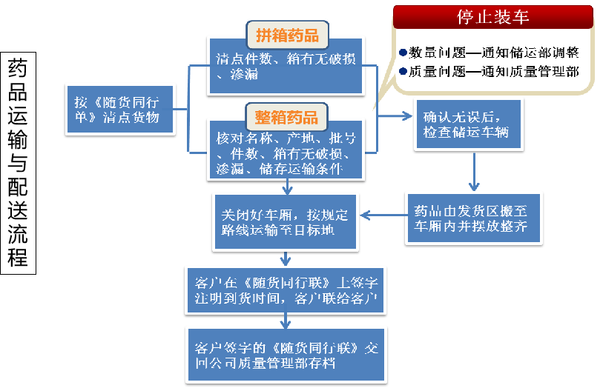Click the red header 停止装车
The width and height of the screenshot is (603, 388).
pos(492,16)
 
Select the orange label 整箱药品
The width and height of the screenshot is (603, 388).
pos(286,117)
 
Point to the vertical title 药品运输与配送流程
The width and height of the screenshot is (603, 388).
pos(18,163)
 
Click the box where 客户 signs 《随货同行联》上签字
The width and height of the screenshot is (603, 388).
pos(286,290)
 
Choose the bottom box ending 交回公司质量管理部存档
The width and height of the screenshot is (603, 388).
pos(286,355)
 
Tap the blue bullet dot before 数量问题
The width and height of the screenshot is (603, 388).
pos(403,53)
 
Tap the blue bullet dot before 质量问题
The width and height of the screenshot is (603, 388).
pos(403,72)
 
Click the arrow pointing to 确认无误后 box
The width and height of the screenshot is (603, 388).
pos(396,116)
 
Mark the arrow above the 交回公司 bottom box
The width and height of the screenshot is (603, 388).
pos(286,320)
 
